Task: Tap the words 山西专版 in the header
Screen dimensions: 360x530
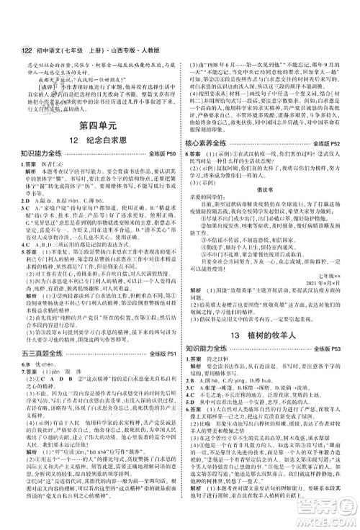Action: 135,10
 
